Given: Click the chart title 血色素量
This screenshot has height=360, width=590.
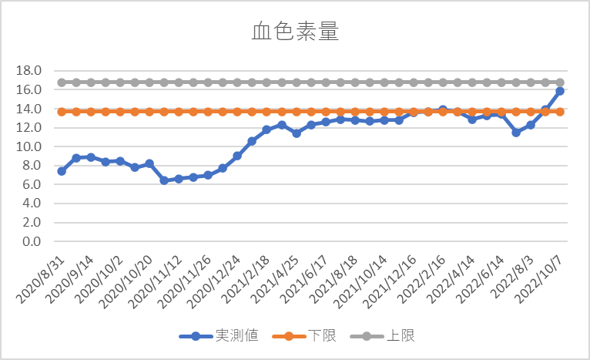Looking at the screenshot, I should (295, 32).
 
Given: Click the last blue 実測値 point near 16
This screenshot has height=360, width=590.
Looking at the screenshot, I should (560, 91).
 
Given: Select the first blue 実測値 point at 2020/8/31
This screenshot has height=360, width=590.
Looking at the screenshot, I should (62, 171).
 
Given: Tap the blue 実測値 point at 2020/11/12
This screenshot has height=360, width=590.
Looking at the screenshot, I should (164, 180).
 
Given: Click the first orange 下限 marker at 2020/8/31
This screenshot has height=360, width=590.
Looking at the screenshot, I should (62, 112).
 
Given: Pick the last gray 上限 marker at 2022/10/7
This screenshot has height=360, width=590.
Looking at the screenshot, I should (560, 82).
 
